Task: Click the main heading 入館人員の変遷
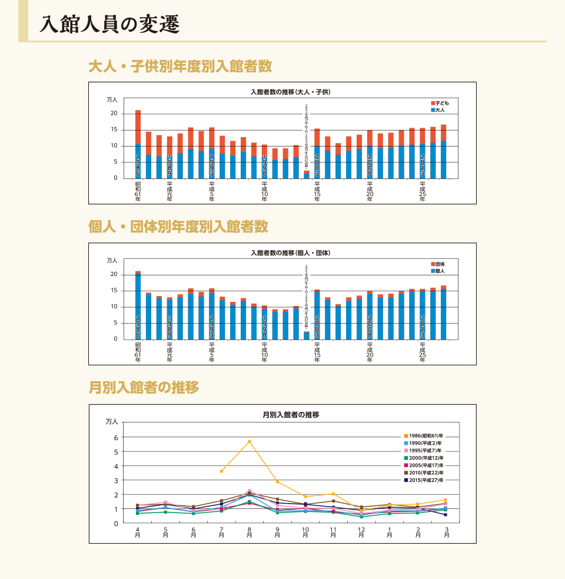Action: tap(109, 25)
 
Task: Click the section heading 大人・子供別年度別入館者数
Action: tap(180, 66)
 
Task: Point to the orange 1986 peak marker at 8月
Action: tap(250, 441)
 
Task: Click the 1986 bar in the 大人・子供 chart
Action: tap(138, 144)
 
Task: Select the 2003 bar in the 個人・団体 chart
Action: tap(317, 315)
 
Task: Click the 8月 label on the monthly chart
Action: tap(250, 533)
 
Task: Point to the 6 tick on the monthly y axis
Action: tap(116, 437)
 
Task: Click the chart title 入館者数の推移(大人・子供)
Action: tap(291, 92)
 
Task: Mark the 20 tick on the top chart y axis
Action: tap(114, 114)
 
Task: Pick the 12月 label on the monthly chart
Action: tap(361, 533)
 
